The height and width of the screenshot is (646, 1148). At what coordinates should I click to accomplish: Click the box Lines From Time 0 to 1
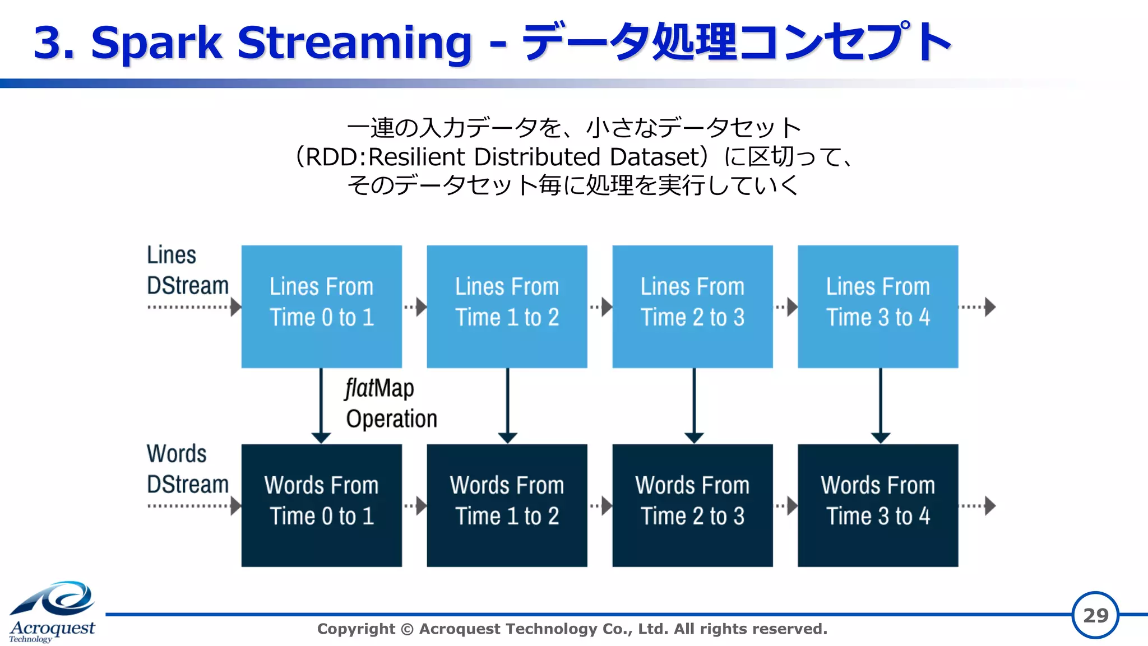pos(321,306)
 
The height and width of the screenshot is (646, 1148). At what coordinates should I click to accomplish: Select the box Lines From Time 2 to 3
pos(692,306)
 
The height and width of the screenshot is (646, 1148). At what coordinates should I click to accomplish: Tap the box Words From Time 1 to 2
pos(507,505)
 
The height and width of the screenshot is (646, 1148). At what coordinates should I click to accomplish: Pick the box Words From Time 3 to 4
pos(878,505)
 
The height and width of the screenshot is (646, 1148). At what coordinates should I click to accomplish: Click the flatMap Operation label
pos(390,403)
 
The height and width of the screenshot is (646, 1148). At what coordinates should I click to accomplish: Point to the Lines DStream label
pos(187,271)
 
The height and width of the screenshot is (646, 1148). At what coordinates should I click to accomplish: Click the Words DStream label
pos(187,469)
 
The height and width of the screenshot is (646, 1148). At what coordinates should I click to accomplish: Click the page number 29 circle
pos(1095,615)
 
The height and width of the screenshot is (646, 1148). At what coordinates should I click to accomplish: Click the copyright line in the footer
pos(572,629)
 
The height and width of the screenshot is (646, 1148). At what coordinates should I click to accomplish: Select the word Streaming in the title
pos(354,43)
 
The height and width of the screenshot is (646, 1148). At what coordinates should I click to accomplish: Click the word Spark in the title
pos(156,43)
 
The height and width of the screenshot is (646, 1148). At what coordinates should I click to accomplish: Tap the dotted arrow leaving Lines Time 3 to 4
pos(978,306)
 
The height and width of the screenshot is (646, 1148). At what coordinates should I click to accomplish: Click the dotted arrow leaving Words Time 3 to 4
pos(978,505)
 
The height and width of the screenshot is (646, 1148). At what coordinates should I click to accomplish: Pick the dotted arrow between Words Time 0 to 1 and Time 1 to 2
pos(415,505)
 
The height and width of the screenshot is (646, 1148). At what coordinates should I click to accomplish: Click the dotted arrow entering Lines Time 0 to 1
pos(193,306)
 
